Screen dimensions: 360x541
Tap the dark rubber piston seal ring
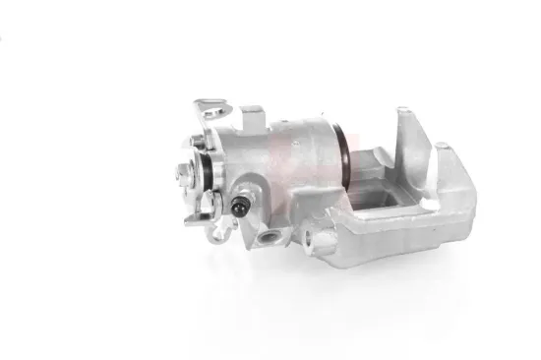(346, 158)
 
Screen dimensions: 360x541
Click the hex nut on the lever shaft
(186, 177)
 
